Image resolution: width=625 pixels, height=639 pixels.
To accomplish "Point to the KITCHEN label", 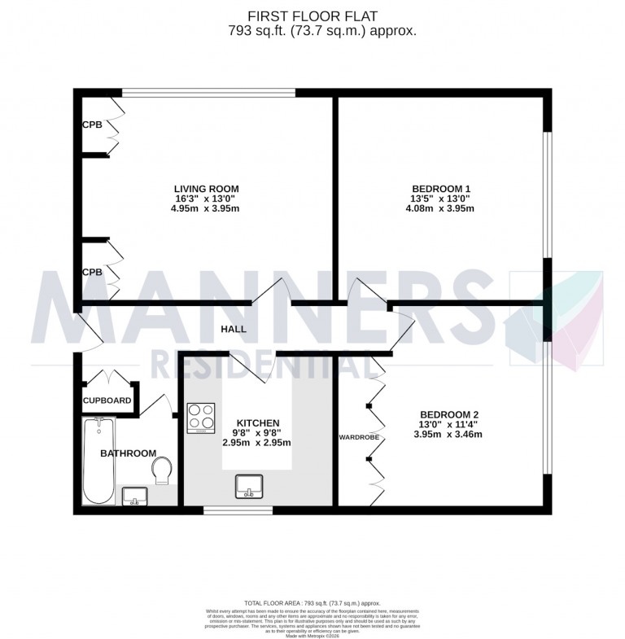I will (x=257, y=423).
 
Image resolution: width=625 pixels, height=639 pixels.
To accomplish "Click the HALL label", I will (x=234, y=330).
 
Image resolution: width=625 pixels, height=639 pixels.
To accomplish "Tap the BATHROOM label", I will (x=128, y=453).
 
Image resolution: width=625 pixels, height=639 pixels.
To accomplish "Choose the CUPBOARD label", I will (x=107, y=401).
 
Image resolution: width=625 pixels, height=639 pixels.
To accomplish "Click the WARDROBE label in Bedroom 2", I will (x=359, y=437).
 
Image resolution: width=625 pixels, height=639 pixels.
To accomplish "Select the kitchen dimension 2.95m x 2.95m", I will (x=257, y=443).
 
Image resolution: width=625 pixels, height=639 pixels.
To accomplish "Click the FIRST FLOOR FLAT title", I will (x=312, y=15).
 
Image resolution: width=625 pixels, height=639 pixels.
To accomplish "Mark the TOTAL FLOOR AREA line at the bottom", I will (x=312, y=602).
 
